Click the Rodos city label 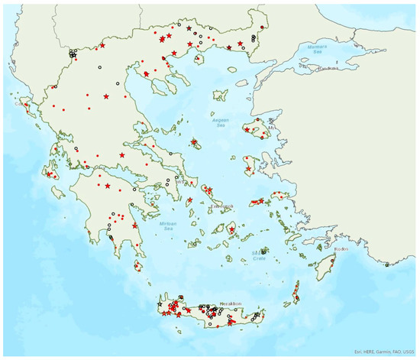341,248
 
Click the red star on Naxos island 232,229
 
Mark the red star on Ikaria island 261,201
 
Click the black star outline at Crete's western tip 160,304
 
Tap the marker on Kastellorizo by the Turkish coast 387,265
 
